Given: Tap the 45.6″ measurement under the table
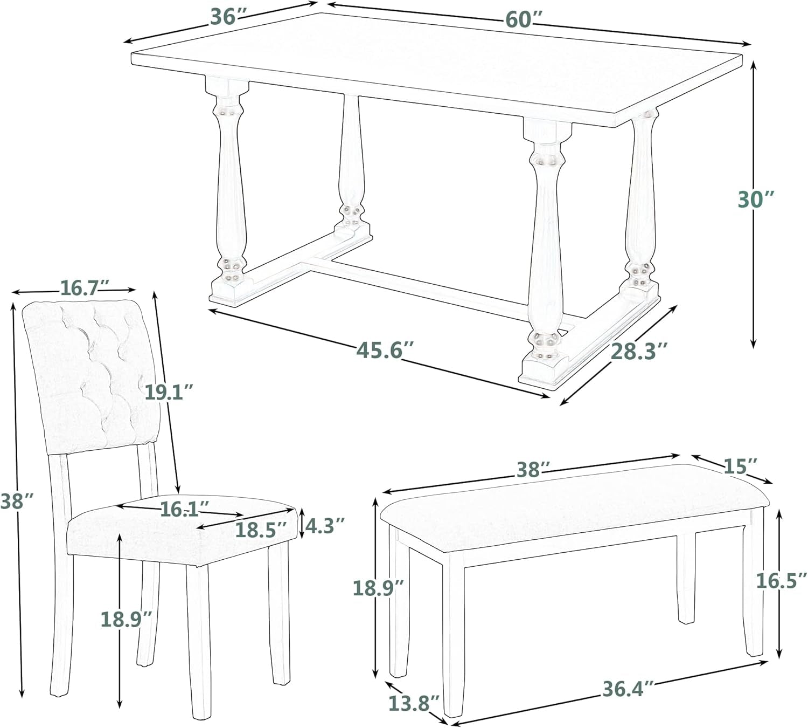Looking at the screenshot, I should click(x=386, y=351).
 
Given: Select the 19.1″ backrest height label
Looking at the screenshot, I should click(x=169, y=392).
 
